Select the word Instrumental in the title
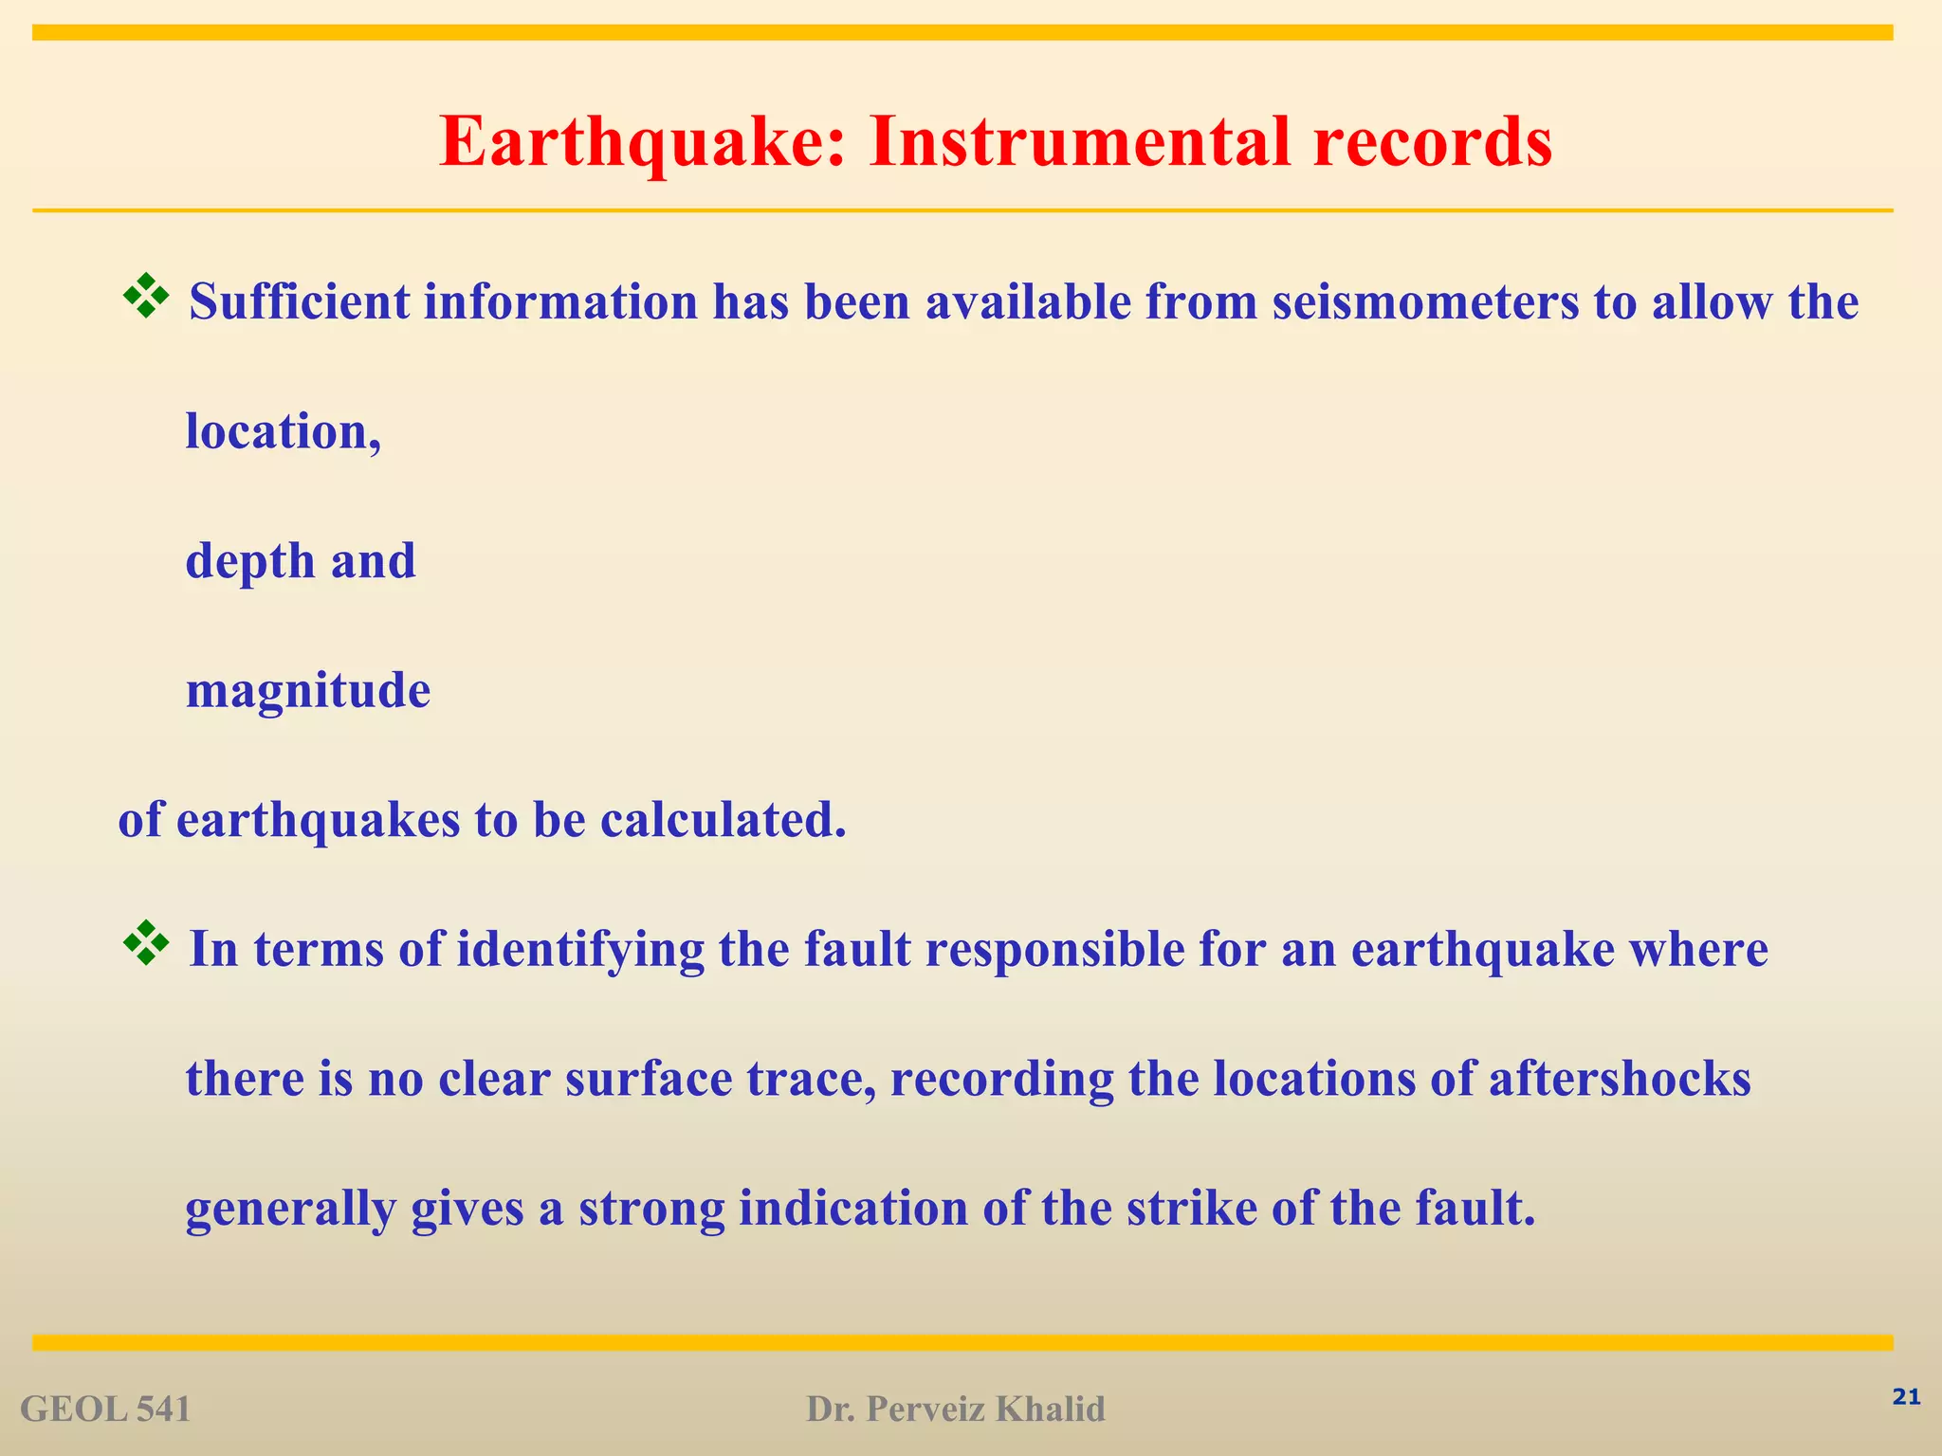[1078, 142]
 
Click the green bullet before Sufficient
[146, 296]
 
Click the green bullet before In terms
[146, 943]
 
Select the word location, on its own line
[283, 432]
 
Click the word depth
[250, 561]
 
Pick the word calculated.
[723, 820]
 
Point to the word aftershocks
[1620, 1079]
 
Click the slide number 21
[1906, 1397]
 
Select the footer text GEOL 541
[105, 1410]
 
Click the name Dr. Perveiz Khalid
[956, 1410]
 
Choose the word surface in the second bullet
[649, 1079]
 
